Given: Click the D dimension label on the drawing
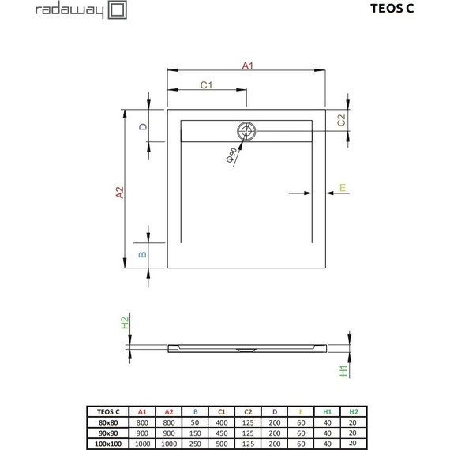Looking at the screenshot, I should [143, 126].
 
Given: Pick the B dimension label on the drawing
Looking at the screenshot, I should [143, 254].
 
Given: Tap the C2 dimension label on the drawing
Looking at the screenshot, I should [341, 120].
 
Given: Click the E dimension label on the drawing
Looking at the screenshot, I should [342, 188].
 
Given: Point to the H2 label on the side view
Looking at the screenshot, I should [125, 323].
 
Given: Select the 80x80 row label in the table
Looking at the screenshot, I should [108, 422].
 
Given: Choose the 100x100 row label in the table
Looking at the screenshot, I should [108, 443].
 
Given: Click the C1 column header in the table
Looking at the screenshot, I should [222, 412].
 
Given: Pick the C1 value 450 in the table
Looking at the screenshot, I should [222, 433].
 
